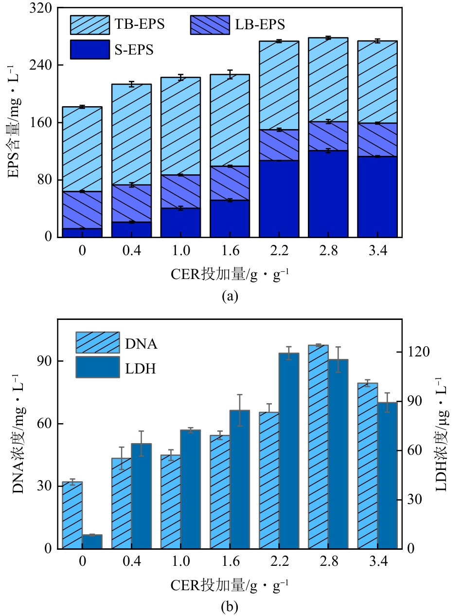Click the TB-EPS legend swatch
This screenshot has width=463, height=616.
[90, 24]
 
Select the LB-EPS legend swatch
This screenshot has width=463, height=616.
[209, 24]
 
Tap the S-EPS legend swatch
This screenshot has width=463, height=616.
[90, 49]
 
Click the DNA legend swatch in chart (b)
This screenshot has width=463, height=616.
[97, 343]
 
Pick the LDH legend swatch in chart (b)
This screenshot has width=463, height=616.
[97, 367]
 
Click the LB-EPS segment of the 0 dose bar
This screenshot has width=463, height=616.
[82, 210]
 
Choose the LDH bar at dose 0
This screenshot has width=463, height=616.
[92, 541]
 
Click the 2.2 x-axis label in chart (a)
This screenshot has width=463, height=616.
[279, 251]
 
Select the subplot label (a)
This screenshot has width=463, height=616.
[230, 296]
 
